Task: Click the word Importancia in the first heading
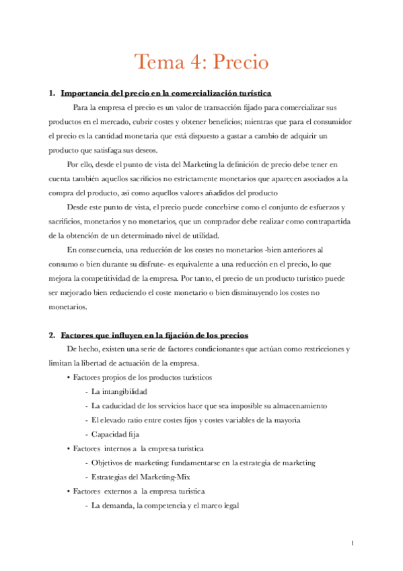click(x=83, y=93)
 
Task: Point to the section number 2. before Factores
click(x=52, y=335)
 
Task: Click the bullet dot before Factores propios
click(x=69, y=377)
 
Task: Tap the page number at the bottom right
click(x=352, y=543)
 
